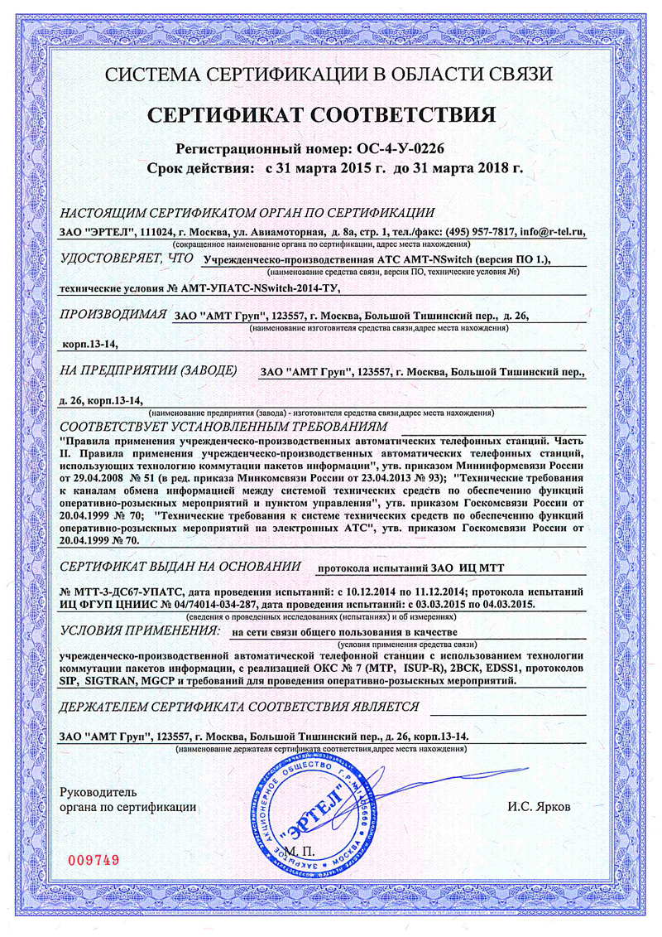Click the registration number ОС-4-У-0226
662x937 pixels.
401,150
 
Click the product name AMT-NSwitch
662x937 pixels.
430,260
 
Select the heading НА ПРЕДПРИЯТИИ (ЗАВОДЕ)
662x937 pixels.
148,369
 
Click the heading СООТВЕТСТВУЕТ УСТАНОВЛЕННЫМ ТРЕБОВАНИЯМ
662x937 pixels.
224,426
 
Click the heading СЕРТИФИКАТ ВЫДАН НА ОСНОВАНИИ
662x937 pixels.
180,567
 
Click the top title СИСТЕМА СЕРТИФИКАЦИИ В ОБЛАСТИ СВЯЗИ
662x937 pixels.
330,75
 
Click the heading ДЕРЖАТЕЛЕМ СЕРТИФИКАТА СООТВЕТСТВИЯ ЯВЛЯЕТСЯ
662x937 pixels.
240,706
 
